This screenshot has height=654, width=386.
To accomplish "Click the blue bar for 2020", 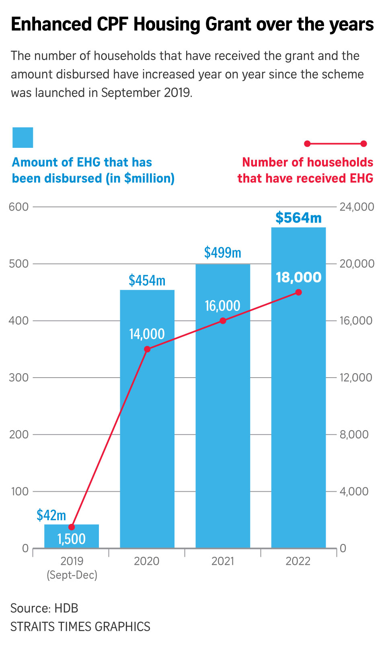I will click(x=147, y=442).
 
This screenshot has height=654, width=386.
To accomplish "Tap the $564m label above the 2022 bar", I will click(x=298, y=218).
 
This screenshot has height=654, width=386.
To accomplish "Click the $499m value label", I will click(x=222, y=253).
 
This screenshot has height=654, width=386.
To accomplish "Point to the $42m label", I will click(x=51, y=515).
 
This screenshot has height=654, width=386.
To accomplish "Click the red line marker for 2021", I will click(x=223, y=321).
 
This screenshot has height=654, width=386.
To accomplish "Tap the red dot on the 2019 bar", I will click(x=72, y=527).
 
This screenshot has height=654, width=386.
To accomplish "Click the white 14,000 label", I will click(x=147, y=334).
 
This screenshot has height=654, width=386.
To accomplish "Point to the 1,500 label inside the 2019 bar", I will click(x=72, y=539).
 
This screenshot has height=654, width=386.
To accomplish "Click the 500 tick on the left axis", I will click(x=19, y=264).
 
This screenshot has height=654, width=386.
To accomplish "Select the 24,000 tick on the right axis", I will click(x=357, y=207).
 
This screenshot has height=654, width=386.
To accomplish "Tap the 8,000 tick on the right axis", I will click(x=354, y=435).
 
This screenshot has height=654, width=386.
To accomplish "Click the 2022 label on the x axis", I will click(x=298, y=561).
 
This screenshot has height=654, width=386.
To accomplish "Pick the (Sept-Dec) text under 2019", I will click(x=72, y=575).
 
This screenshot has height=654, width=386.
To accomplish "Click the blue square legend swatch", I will click(x=23, y=137).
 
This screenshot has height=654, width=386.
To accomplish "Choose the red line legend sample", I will click(x=335, y=143).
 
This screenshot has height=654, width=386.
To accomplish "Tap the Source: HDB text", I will click(x=44, y=608).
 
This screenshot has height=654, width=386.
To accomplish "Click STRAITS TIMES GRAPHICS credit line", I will click(x=80, y=627).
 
